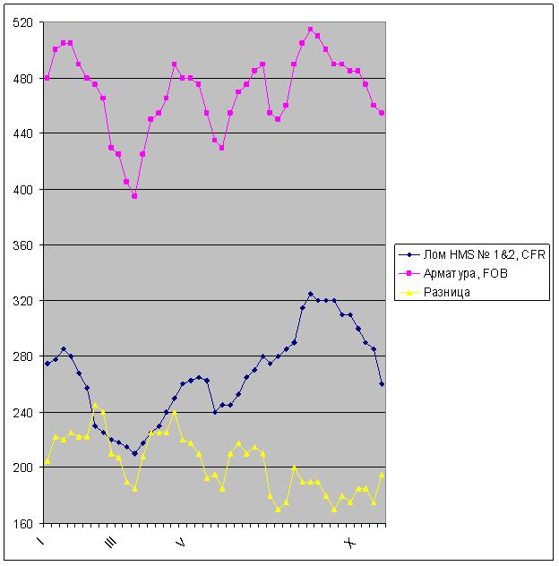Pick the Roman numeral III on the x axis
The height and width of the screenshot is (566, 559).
[110, 543]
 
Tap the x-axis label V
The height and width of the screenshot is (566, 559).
[179, 542]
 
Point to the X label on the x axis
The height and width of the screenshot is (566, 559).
[350, 542]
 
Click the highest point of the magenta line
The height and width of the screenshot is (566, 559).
[310, 30]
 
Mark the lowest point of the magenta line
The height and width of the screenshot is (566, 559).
[134, 196]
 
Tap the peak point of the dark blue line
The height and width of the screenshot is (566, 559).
[310, 294]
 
